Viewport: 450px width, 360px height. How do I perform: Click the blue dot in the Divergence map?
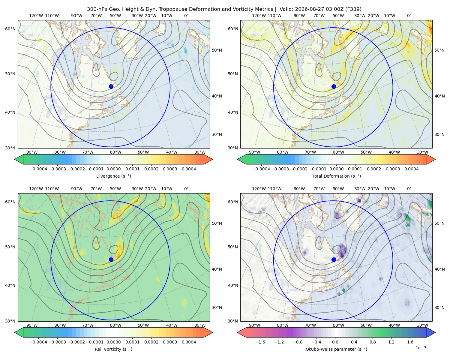[x=111, y=86]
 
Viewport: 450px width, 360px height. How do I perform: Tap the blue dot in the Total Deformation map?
[x=334, y=86]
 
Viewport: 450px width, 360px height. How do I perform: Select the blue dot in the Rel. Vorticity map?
[x=111, y=259]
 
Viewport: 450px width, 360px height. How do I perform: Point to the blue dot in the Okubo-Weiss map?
[x=334, y=259]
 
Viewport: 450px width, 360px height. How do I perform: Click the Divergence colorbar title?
[x=113, y=176]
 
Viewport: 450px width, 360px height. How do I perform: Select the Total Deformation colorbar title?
[x=336, y=176]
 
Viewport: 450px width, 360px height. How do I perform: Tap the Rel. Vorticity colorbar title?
[x=113, y=349]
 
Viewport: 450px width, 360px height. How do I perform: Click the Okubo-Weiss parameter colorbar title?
[x=336, y=349]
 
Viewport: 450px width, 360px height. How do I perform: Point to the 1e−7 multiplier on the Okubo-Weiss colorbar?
[x=421, y=348]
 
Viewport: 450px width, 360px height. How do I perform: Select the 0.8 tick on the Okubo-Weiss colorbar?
[x=373, y=342]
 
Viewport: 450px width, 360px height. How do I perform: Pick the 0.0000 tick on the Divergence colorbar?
[x=113, y=169]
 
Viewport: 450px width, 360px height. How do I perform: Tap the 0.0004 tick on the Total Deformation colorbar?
[x=411, y=169]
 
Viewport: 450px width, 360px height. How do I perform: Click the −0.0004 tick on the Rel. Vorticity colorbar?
[x=38, y=342]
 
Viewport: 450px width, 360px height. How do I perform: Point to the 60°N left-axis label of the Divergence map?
[x=10, y=29]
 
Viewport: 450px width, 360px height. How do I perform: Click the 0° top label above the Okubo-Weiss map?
[x=409, y=189]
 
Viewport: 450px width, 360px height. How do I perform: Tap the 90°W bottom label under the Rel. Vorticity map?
[x=32, y=325]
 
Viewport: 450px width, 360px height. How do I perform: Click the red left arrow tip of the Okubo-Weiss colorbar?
[x=238, y=332]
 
